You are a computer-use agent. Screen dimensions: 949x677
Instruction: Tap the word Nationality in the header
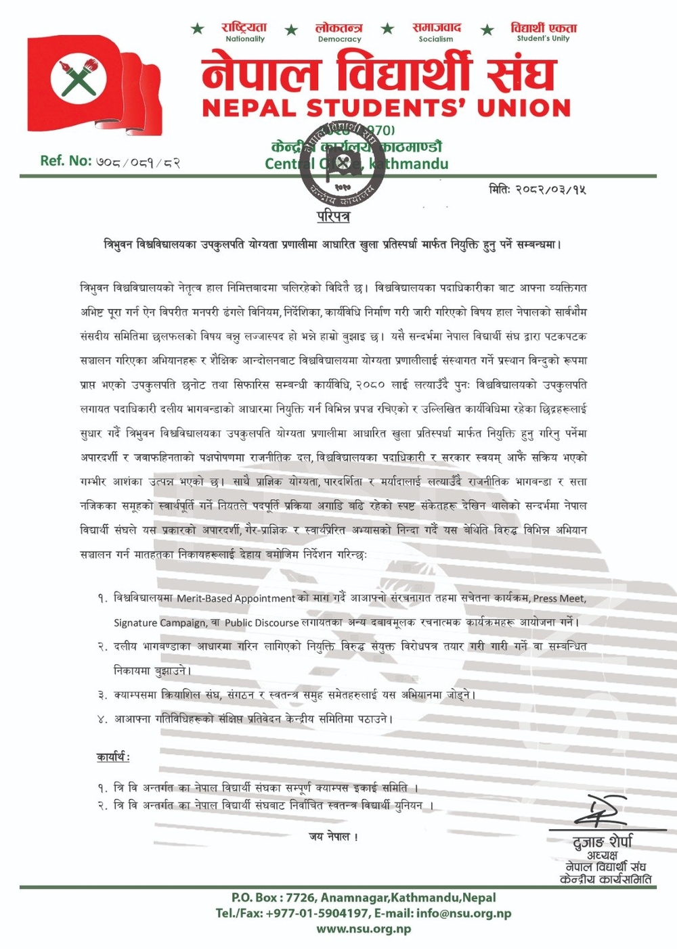click(x=245, y=39)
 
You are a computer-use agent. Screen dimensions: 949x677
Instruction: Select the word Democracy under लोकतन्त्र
click(x=339, y=39)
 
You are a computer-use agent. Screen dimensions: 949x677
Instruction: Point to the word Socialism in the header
click(x=436, y=39)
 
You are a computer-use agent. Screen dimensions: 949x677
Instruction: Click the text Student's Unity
click(x=543, y=39)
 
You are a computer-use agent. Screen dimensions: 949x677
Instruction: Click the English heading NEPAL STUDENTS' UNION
click(x=387, y=108)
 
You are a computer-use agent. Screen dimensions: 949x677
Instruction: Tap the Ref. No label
click(x=66, y=161)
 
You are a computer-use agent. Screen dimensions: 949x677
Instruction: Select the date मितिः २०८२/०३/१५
click(x=538, y=189)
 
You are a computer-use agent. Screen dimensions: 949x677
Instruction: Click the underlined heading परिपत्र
click(x=333, y=216)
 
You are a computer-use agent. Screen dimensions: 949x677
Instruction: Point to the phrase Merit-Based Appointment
click(x=236, y=599)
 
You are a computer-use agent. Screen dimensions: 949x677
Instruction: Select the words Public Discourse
click(x=261, y=622)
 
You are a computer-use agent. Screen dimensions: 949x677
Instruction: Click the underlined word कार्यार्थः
click(x=113, y=757)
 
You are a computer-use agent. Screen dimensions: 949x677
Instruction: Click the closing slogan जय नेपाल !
click(x=334, y=837)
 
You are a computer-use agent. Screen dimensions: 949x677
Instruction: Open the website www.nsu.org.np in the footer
click(x=364, y=929)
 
